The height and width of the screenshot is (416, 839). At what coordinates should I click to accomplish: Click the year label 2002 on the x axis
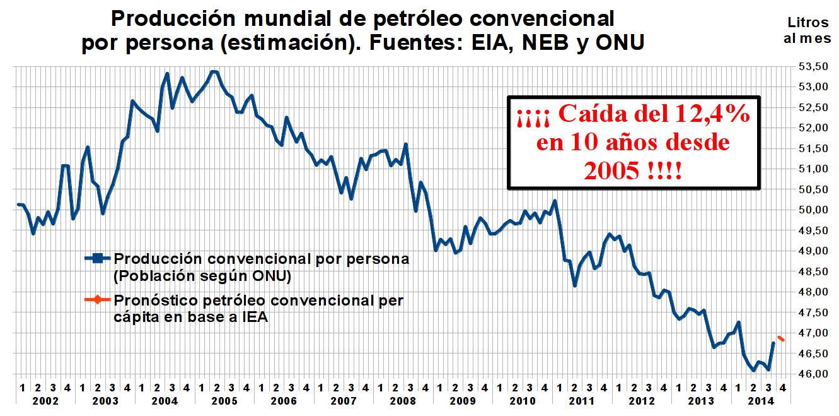45,401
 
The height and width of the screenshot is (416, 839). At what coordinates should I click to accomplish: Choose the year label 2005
224,401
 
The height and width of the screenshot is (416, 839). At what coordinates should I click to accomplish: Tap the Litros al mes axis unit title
807,30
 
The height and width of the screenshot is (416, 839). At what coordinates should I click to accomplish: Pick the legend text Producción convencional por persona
261,258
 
